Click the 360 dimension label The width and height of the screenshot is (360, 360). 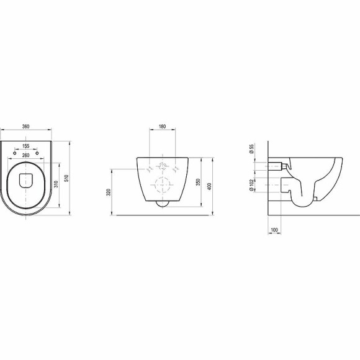click(x=25, y=126)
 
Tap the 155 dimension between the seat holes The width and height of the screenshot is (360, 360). click(x=25, y=146)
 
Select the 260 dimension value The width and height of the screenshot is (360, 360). click(x=25, y=155)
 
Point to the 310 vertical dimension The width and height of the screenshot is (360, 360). click(x=56, y=184)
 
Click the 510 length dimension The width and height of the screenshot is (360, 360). click(x=66, y=178)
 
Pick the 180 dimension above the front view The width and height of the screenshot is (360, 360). click(x=162, y=126)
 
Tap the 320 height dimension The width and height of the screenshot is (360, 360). click(x=109, y=192)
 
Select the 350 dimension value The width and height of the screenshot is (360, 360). click(x=199, y=182)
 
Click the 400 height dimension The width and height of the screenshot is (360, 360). click(x=209, y=186)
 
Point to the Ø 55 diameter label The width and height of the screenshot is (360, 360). click(x=251, y=149)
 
